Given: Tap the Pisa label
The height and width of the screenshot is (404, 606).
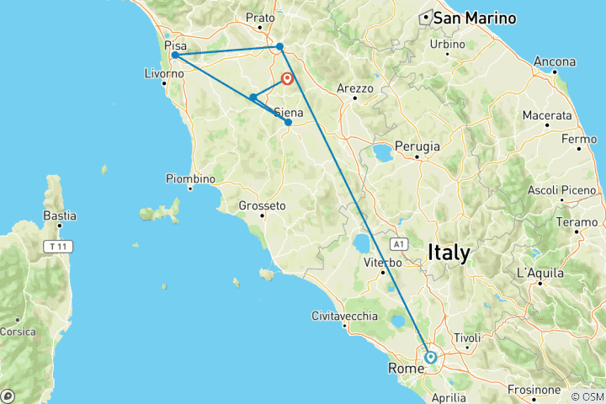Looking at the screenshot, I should point(176,45).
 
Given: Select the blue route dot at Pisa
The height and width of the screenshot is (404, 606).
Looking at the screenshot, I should point(174,56).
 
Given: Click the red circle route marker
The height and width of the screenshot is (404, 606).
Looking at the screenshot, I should point(288,79).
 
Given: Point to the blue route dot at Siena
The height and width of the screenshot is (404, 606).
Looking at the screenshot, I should point(289,123).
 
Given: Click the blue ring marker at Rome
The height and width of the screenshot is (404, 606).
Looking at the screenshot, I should point(431,357).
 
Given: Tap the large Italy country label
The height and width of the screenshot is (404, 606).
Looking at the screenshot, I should point(449,252).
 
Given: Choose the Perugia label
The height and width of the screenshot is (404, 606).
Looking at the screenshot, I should point(418,146).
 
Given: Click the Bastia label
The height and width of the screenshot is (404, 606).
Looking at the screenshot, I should point(60,216).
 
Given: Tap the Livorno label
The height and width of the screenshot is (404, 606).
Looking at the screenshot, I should point(164,74).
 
